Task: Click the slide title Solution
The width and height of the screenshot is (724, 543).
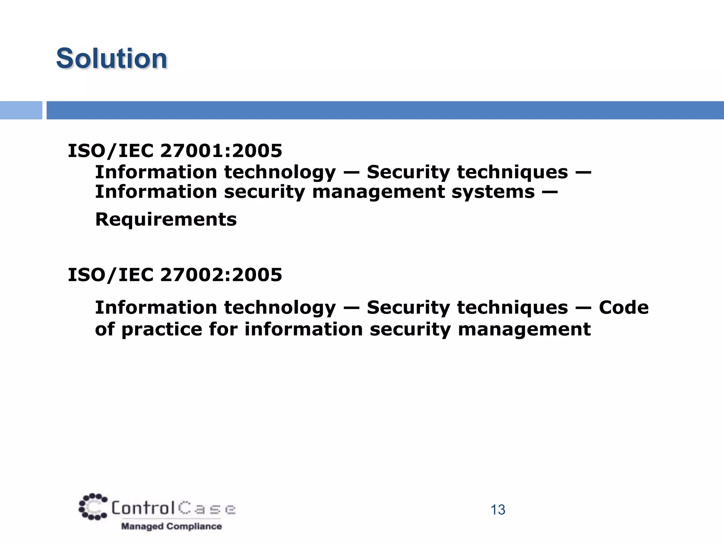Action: tap(111, 58)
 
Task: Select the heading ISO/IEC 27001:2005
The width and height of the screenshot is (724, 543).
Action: tap(175, 151)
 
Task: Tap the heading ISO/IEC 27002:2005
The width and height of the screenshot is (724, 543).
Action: tap(175, 275)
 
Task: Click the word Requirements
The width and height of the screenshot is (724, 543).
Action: tap(166, 220)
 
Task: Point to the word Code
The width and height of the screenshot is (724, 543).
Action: tap(624, 308)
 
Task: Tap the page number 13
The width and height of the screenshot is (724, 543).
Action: tap(498, 510)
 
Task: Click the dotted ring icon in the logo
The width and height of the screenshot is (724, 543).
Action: tap(93, 507)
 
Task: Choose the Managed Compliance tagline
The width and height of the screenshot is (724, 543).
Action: tap(171, 526)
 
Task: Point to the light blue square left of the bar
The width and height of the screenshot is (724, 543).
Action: tap(21, 110)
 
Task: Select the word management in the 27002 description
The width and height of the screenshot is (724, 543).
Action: tap(524, 329)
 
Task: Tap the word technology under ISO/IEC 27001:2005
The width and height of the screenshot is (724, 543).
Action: tap(280, 173)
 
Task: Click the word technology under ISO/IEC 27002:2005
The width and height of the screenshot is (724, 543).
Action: tap(280, 308)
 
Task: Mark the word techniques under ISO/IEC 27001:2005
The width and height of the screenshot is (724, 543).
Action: tap(512, 173)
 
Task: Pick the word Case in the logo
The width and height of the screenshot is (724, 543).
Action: tap(207, 509)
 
